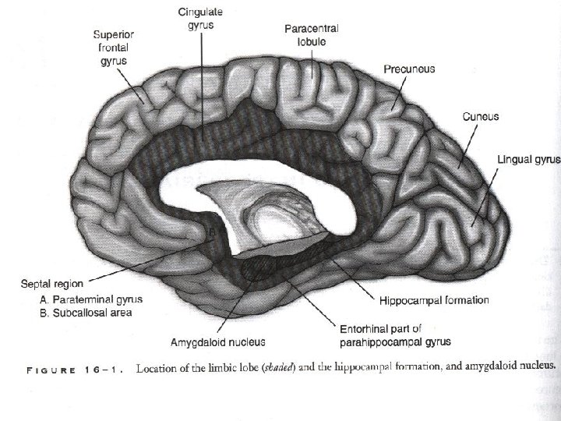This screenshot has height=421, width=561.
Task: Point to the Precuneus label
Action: click(409, 69)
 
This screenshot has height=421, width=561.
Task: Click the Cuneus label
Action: click(481, 117)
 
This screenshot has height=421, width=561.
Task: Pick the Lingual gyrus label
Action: click(528, 160)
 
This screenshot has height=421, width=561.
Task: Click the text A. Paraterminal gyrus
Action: click(90, 299)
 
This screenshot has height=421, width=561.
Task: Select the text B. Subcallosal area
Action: click(86, 313)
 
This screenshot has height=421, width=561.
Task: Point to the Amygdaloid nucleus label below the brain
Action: click(218, 341)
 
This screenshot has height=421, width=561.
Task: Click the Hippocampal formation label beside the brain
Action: click(434, 299)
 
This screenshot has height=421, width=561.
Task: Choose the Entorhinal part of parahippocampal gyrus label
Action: click(394, 334)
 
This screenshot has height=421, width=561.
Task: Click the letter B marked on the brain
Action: click(208, 232)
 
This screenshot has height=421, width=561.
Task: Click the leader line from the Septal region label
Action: click(148, 261)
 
